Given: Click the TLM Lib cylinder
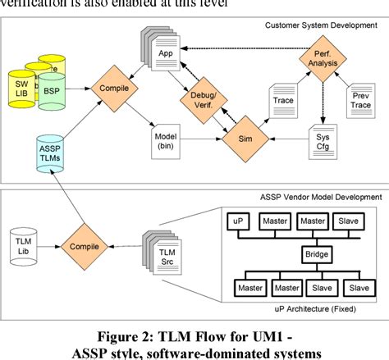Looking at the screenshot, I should coord(22,244).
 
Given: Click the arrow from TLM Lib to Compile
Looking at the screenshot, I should coord(47,244).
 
